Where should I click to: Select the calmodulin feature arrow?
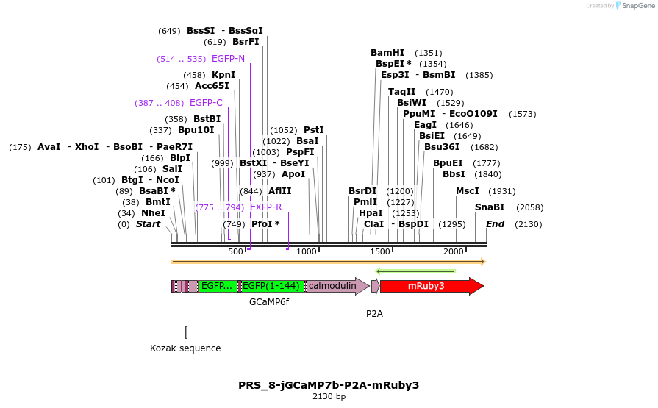(335, 286)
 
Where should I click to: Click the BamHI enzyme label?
(387, 53)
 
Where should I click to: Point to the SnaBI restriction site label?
(490, 207)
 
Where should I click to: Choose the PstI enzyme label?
(314, 130)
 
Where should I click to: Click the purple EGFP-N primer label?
(228, 59)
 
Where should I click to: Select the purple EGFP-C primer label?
(206, 103)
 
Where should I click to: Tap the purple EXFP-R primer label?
(265, 207)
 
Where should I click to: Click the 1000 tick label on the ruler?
(307, 251)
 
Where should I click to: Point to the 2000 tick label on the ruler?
(454, 251)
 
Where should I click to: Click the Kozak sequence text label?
(185, 348)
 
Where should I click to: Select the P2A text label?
(375, 313)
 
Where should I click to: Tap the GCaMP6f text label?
(269, 302)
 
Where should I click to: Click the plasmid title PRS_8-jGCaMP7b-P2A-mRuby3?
(329, 384)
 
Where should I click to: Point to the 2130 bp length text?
(329, 397)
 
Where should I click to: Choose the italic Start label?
(148, 224)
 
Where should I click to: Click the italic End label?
(495, 224)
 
